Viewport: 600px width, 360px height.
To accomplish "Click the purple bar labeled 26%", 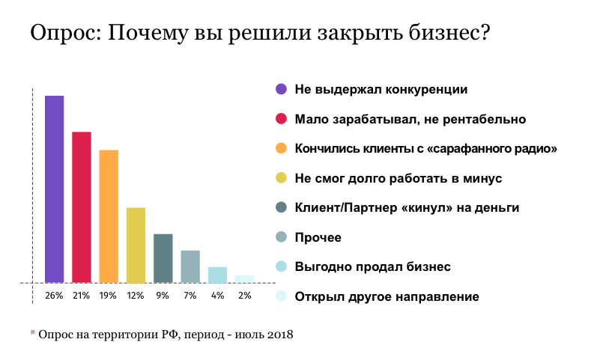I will coord(54,189).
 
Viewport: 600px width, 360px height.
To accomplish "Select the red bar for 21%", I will coord(81,207).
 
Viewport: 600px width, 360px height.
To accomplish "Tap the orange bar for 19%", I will coord(109,216).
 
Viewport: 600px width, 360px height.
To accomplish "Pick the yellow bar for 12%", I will coord(136,245).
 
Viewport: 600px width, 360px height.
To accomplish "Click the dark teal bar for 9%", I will coord(163,258).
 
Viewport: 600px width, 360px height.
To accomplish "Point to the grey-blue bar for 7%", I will coord(190,266).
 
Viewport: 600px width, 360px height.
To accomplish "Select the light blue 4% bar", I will coord(217,275).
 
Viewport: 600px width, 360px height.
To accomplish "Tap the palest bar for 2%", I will coord(244,279).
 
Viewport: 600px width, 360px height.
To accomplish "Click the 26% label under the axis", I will coord(54,296).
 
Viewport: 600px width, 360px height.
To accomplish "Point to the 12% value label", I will coord(136,296).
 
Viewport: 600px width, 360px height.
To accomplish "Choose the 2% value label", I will coord(244,296).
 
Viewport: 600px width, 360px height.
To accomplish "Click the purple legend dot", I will coord(281,89).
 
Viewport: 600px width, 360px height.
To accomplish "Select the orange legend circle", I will coord(281,148).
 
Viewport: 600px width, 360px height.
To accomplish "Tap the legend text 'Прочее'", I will coord(318,238).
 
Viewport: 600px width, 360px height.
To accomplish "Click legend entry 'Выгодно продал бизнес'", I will coord(372,267).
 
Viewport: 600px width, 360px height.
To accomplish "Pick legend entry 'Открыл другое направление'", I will coord(387,297).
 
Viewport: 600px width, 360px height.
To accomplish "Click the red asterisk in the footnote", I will coord(33,333).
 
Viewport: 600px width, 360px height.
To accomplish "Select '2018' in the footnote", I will coord(279,335).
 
